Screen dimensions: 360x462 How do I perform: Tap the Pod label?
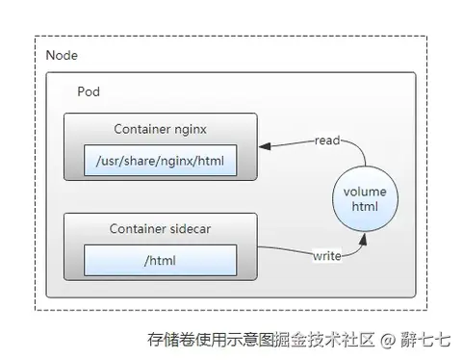pos(89,91)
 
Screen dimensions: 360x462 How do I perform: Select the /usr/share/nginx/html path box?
pos(160,160)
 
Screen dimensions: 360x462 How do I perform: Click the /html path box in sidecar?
pos(160,259)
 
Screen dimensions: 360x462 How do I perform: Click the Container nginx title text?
pos(160,130)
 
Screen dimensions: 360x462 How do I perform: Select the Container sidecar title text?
pos(160,229)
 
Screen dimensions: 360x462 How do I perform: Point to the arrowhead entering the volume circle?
pos(361,243)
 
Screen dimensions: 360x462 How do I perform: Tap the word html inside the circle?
pos(365,208)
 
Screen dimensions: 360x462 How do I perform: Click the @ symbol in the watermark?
pos(387,340)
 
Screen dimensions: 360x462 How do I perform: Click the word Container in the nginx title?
pos(141,130)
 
